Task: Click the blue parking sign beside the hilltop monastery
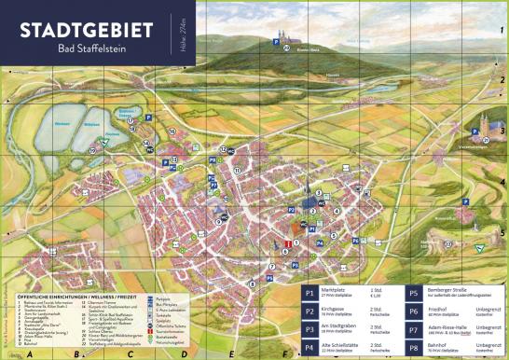276,40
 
